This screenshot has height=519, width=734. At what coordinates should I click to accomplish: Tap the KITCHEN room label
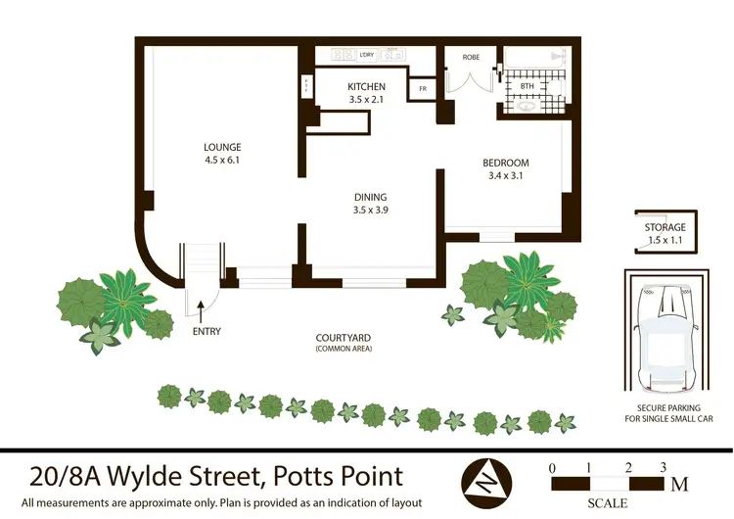click(367, 87)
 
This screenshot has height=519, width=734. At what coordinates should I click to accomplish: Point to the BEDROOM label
click(505, 163)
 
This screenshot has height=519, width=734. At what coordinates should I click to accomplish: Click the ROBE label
click(470, 58)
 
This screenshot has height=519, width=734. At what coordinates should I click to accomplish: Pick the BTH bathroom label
click(527, 86)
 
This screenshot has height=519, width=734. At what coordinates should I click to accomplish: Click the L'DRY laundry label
click(368, 55)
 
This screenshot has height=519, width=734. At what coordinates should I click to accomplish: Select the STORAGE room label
click(665, 227)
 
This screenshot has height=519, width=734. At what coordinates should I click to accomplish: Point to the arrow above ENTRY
click(202, 312)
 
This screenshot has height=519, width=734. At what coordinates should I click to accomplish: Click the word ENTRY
click(206, 331)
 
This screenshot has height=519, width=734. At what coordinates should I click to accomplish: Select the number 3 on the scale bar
click(663, 467)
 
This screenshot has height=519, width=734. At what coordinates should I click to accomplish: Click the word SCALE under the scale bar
click(608, 503)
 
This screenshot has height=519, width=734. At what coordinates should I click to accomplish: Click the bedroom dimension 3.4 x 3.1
click(505, 176)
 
